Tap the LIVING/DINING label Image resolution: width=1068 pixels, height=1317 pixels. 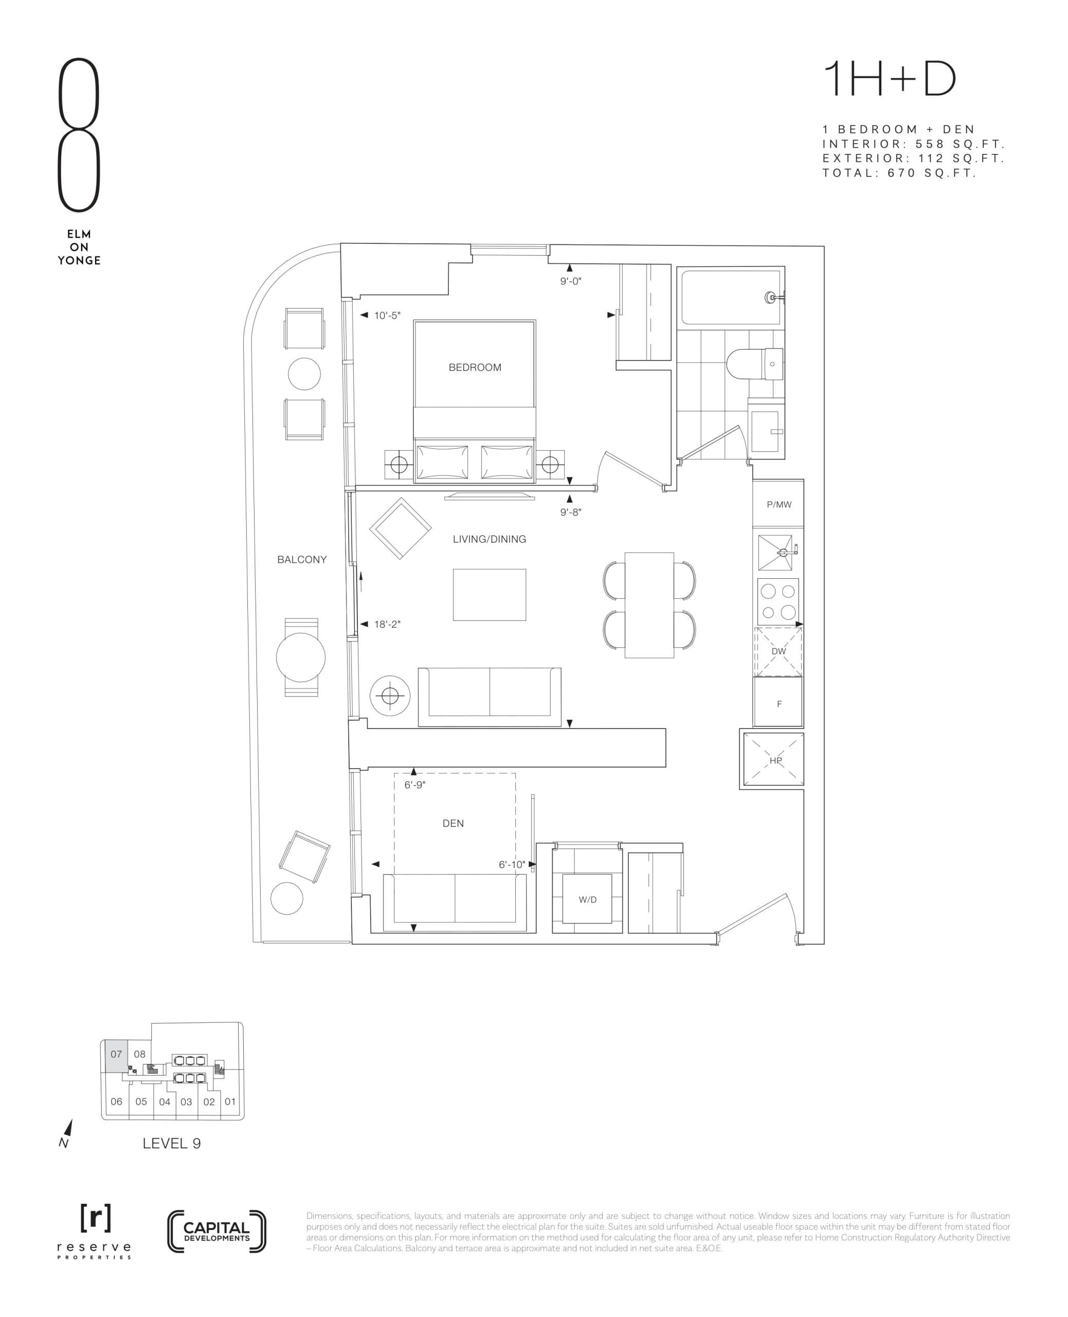click(489, 539)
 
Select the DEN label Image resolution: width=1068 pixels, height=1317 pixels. click(453, 824)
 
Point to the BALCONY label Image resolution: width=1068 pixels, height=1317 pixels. click(301, 559)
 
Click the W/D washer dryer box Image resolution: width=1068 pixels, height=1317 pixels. click(588, 900)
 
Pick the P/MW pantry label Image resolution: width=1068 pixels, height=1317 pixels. click(779, 505)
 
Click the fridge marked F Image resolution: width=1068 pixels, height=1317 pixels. click(779, 703)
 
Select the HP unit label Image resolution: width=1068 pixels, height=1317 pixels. click(775, 761)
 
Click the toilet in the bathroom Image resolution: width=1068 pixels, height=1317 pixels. click(754, 363)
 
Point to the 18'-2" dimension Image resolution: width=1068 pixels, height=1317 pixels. click(387, 624)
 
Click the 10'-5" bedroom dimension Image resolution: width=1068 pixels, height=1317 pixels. click(387, 315)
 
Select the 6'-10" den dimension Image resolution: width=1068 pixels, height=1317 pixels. click(512, 865)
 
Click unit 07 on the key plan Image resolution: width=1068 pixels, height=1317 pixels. click(116, 1054)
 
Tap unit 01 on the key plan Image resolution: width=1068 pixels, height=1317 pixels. click(230, 1101)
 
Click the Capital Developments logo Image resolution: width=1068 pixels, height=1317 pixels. click(216, 1232)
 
